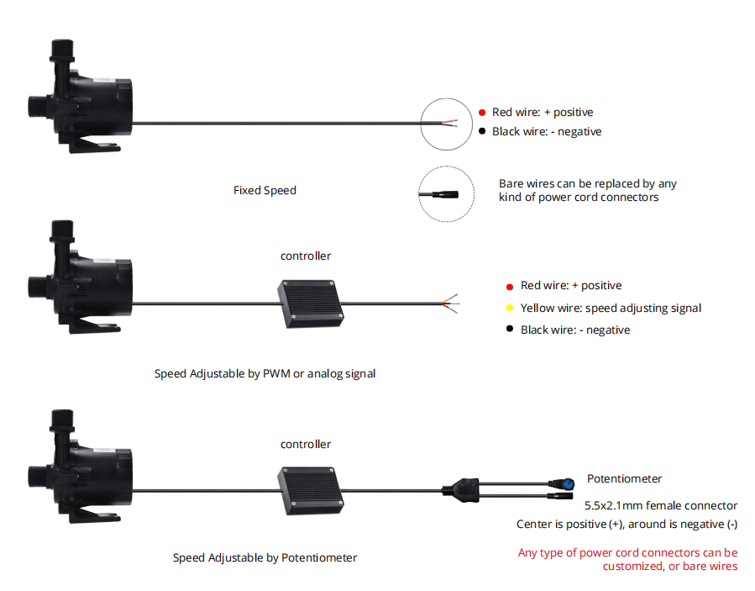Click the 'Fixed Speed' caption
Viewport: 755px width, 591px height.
click(265, 190)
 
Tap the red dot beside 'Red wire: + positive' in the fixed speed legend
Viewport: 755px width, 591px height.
click(482, 113)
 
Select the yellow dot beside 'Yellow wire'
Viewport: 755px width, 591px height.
click(510, 308)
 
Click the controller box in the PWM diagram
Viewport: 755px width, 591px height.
click(311, 303)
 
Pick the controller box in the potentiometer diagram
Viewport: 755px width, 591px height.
click(311, 491)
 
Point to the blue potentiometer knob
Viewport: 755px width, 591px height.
click(569, 483)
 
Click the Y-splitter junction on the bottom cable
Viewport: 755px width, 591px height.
click(461, 490)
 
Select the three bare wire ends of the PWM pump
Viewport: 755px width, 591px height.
click(451, 303)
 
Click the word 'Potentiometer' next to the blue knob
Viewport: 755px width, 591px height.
click(625, 478)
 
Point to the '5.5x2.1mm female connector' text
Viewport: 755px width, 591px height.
click(661, 506)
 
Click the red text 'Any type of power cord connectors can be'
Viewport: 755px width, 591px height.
click(627, 552)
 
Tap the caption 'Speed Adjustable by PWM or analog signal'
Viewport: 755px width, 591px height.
click(265, 373)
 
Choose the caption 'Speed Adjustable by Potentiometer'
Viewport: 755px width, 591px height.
click(265, 557)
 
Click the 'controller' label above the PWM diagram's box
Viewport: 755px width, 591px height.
click(306, 256)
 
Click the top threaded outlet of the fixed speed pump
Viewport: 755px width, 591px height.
click(62, 50)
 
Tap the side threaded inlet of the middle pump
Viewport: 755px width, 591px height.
click(38, 288)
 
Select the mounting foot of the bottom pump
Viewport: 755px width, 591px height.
click(94, 514)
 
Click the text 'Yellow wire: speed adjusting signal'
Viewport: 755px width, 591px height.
click(611, 308)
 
